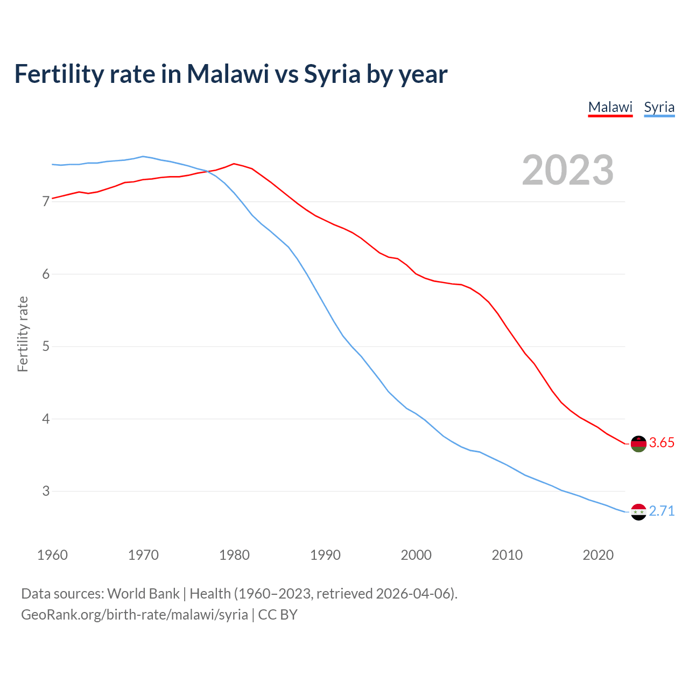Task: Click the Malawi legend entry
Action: [x=610, y=107]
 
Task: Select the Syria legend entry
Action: [x=659, y=107]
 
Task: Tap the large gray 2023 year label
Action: [x=568, y=170]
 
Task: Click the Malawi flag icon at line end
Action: [x=638, y=444]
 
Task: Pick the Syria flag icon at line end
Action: [x=638, y=511]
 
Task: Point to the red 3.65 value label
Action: [x=662, y=443]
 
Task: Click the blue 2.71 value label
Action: [x=662, y=511]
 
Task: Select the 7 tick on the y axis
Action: [x=46, y=202]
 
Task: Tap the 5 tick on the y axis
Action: [x=46, y=346]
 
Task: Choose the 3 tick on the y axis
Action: [x=46, y=491]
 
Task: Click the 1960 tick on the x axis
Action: [x=52, y=555]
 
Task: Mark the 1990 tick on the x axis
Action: [x=325, y=555]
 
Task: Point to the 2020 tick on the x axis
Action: [x=598, y=555]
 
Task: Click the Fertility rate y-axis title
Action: [x=23, y=334]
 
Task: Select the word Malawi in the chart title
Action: [x=228, y=74]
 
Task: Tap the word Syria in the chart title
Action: [x=332, y=74]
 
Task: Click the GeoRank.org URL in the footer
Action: [x=135, y=615]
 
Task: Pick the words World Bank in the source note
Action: [x=143, y=594]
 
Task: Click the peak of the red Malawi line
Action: [x=234, y=164]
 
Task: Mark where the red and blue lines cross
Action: [x=207, y=172]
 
